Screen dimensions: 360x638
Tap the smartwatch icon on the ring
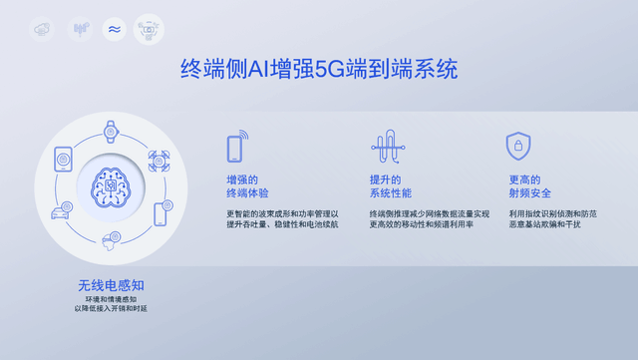111,130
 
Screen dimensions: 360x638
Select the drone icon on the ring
158,160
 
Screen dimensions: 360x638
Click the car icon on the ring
60,211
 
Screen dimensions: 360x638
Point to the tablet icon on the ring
64,158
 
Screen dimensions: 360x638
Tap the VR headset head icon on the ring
111,239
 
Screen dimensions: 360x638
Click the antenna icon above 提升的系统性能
385,148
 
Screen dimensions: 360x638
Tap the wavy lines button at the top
115,29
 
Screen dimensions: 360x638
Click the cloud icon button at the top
42,29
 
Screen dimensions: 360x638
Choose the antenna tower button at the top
80,29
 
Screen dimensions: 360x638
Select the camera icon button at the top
149,29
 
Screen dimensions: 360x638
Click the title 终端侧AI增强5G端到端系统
319,70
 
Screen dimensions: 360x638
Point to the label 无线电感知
110,284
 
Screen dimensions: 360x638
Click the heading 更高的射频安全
529,185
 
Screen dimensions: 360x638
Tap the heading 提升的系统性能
390,185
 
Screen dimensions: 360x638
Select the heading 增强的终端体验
248,185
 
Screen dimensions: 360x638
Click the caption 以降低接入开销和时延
111,309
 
